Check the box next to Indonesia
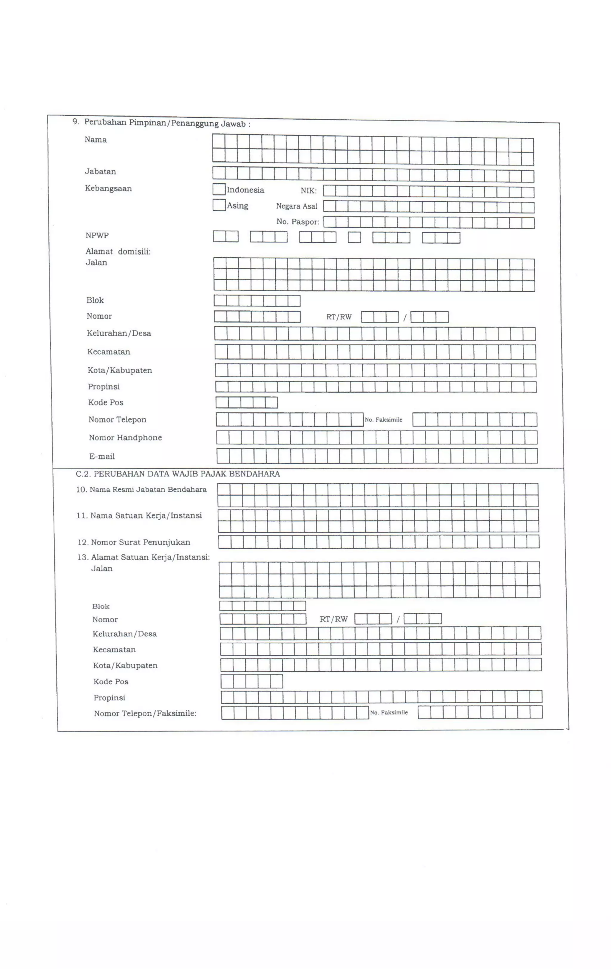219,189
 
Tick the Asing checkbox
219,205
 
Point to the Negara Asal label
297,206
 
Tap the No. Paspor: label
298,222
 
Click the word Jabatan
100,171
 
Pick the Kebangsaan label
108,188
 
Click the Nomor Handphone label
125,438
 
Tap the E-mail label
102,457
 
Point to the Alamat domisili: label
118,252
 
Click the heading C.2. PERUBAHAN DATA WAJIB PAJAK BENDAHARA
178,474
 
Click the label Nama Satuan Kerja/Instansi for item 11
146,516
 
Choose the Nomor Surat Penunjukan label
140,543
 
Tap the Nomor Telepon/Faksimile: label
145,714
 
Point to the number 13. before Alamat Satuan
83,558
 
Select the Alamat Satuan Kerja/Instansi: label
150,558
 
